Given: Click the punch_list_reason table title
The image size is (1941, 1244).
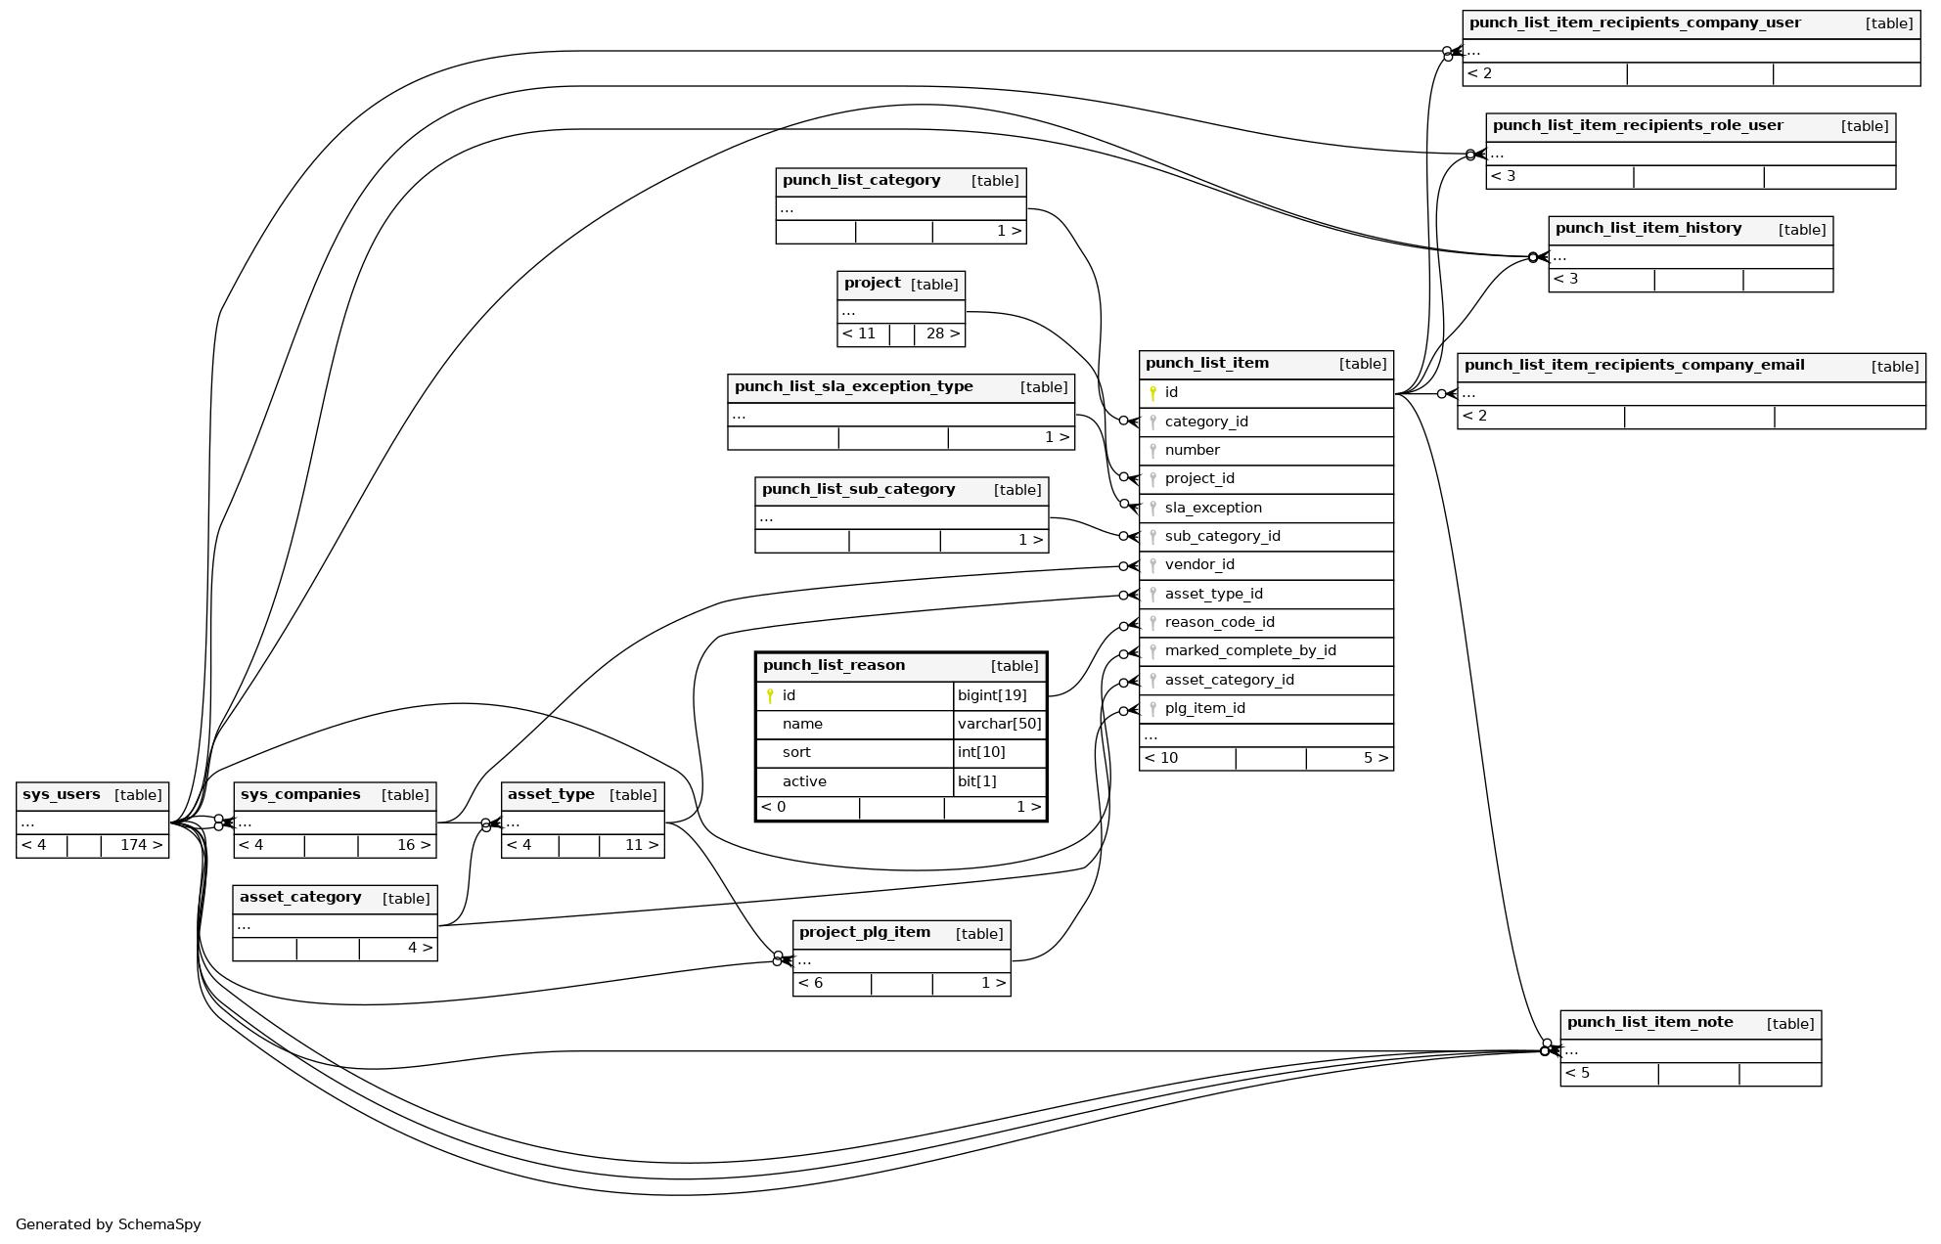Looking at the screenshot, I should tap(834, 666).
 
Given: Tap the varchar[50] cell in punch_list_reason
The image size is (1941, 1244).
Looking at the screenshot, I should tap(999, 724).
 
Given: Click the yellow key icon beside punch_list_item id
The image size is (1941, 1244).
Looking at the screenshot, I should tap(1153, 393).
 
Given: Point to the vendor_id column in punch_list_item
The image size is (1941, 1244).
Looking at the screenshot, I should tap(1199, 564).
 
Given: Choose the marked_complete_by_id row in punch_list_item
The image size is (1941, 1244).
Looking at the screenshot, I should tap(1250, 650).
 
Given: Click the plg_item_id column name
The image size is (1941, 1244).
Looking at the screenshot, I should tap(1204, 708).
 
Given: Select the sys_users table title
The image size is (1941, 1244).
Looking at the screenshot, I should tap(61, 795).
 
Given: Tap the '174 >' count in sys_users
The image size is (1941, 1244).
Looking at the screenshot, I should tap(141, 845).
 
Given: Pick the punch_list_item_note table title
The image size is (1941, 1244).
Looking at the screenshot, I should tap(1649, 1023).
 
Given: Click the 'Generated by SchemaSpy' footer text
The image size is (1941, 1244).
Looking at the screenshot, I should tap(108, 1224).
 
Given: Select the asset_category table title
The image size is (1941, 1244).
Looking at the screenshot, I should tap(300, 898).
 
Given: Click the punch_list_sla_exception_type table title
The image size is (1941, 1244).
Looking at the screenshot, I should tap(853, 386).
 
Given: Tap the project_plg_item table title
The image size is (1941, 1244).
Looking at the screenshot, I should tap(864, 933).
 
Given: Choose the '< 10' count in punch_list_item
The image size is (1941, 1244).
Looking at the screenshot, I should tap(1161, 758).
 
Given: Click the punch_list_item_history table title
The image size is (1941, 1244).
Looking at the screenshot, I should tap(1648, 229).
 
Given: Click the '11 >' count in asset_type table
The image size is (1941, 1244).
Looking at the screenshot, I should tap(641, 845).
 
